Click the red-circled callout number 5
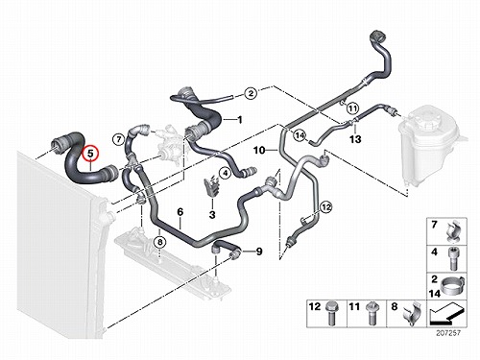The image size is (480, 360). pyautogui.click(x=90, y=154)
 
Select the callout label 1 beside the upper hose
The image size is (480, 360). pyautogui.click(x=239, y=120)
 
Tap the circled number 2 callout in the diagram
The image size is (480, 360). pyautogui.click(x=251, y=93)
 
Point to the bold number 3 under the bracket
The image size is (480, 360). pyautogui.click(x=212, y=215)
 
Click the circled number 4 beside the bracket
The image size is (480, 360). pyautogui.click(x=226, y=174)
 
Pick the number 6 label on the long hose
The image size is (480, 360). pyautogui.click(x=180, y=211)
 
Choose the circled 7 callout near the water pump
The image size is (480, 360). pyautogui.click(x=118, y=139)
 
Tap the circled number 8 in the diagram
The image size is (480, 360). pyautogui.click(x=160, y=242)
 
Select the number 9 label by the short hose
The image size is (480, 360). pyautogui.click(x=259, y=252)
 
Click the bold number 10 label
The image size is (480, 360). pyautogui.click(x=259, y=150)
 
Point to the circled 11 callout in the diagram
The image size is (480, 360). pyautogui.click(x=352, y=108)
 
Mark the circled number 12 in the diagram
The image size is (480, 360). pyautogui.click(x=326, y=207)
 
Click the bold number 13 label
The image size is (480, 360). pyautogui.click(x=355, y=139)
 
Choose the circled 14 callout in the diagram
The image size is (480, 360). pyautogui.click(x=300, y=135)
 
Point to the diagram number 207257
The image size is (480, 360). pyautogui.click(x=448, y=333)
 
